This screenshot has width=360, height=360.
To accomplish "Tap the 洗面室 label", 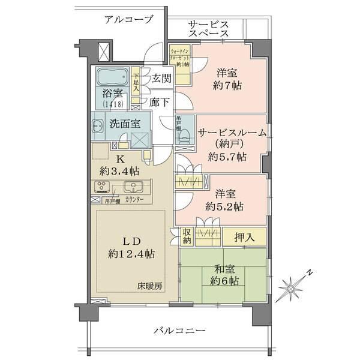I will click(125, 124).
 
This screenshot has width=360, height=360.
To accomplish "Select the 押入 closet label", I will click(244, 236).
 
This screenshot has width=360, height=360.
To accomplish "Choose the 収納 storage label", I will click(186, 236).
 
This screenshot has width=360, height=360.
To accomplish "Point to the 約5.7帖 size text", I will click(227, 157).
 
